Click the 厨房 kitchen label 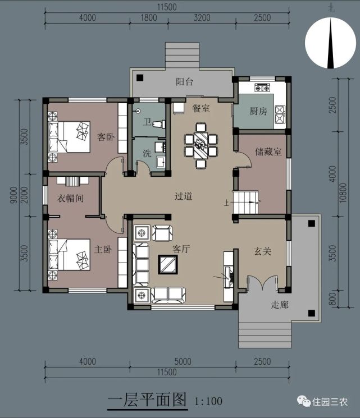258,111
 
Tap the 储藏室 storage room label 268,151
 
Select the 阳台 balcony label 184,81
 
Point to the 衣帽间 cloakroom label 70,198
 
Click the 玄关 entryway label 263,251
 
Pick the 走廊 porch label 280,305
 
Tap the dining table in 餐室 201,145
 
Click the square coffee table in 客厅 168,264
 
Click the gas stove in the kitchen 262,88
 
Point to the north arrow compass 330,43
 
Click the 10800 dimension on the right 343,192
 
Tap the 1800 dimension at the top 149,17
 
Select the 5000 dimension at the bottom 183,361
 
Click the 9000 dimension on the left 13,195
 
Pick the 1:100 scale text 208,401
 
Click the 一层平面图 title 147,400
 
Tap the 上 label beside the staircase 226,203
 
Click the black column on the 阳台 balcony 140,78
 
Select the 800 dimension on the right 332,299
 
